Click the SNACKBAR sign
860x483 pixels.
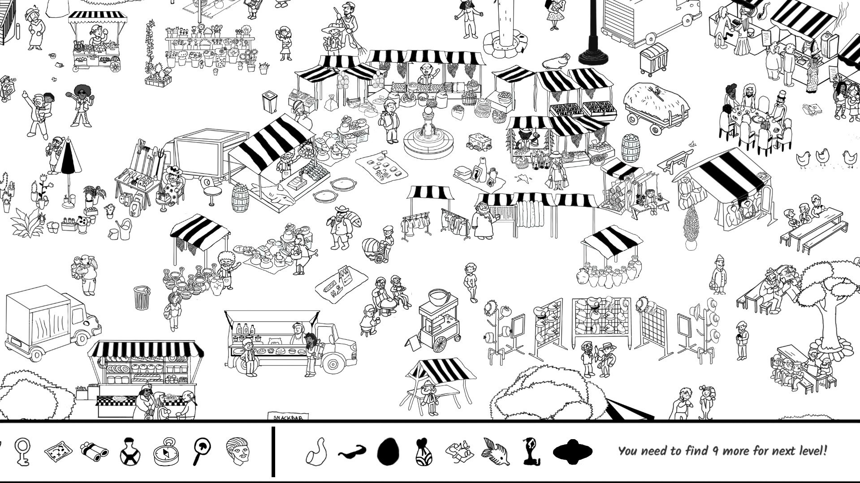(x=288, y=417)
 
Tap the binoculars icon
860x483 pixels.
(x=94, y=450)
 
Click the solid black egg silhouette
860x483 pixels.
(x=388, y=451)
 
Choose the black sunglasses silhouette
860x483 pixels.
(x=352, y=451)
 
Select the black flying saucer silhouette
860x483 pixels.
(x=573, y=451)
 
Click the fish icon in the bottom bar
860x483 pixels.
(x=496, y=451)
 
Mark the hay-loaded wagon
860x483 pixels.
(x=655, y=106)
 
